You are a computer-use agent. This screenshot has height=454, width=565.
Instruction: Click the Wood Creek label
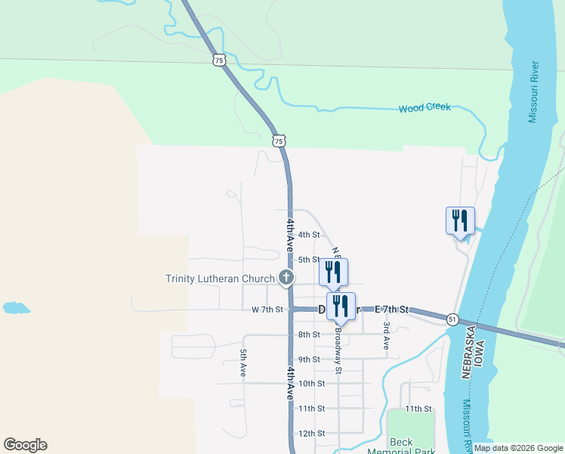(x=425, y=107)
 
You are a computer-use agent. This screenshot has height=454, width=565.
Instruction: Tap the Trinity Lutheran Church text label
(x=221, y=278)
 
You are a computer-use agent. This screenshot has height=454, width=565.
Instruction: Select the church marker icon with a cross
(x=286, y=278)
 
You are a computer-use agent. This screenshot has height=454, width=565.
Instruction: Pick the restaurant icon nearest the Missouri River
(x=460, y=220)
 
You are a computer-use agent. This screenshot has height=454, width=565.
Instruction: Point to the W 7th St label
(x=267, y=309)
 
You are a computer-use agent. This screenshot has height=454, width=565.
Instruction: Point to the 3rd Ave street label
(x=386, y=335)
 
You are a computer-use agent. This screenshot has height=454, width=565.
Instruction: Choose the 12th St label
(x=311, y=434)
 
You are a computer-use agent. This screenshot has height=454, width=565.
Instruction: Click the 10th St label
(x=311, y=384)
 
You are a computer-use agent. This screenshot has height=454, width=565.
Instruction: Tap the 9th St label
(x=309, y=359)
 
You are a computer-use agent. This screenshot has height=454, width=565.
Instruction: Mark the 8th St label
(x=309, y=334)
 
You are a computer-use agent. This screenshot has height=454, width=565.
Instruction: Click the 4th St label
(x=309, y=235)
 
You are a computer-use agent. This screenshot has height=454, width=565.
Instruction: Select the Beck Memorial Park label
(x=401, y=446)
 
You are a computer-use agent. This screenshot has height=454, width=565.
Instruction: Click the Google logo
(x=25, y=445)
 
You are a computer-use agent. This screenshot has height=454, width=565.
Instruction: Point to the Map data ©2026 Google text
(x=518, y=448)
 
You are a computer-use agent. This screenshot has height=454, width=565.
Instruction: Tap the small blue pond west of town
(x=15, y=308)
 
